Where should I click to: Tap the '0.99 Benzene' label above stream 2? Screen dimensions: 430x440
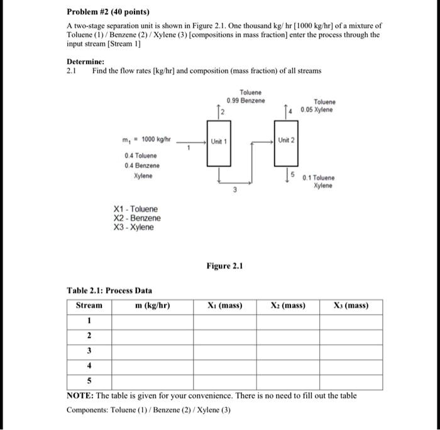click(x=246, y=101)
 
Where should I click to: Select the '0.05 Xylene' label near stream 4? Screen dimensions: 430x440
click(x=317, y=111)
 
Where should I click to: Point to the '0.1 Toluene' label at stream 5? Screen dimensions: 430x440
click(x=319, y=178)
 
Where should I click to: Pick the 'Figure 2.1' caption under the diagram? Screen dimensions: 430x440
click(x=224, y=266)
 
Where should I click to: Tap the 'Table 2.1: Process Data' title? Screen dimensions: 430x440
click(x=109, y=290)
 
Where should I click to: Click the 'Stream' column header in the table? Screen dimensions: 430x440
click(x=89, y=306)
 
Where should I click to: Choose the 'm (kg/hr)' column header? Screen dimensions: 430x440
click(x=153, y=306)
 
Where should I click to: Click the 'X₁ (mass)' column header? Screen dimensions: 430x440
click(x=224, y=306)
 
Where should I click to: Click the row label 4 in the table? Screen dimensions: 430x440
click(x=89, y=365)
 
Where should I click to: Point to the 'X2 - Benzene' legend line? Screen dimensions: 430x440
click(x=136, y=218)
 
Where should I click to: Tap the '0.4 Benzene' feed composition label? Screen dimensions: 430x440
click(x=142, y=165)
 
